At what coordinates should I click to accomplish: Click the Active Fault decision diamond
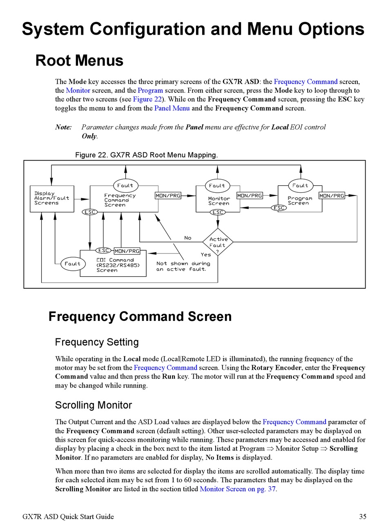click(x=218, y=242)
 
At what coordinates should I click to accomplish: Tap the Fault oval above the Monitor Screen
click(x=217, y=185)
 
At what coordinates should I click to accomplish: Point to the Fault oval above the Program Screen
click(x=301, y=185)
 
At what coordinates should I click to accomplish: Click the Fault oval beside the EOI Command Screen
click(x=73, y=264)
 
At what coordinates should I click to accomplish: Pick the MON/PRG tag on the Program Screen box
click(x=332, y=196)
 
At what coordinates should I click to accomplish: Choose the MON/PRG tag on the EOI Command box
click(x=127, y=251)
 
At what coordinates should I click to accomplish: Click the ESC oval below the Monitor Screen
click(x=218, y=212)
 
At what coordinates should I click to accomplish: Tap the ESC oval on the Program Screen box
click(x=279, y=208)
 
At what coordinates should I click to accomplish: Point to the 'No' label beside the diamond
click(x=188, y=238)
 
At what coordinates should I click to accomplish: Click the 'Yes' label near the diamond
click(x=206, y=254)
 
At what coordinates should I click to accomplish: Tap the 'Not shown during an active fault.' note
click(x=183, y=266)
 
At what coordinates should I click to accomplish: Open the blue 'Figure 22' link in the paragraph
click(x=147, y=99)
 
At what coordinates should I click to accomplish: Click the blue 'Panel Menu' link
click(x=172, y=108)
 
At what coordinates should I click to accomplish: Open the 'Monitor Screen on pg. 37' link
click(x=238, y=489)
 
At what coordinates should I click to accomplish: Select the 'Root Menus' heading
click(x=79, y=60)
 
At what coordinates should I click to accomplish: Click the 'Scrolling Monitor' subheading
click(x=94, y=405)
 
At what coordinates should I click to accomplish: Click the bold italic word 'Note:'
click(x=63, y=127)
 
